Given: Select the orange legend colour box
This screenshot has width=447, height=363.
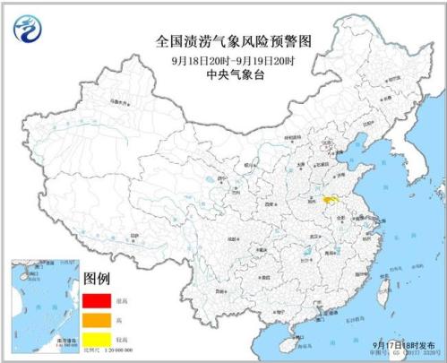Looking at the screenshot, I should click(x=98, y=317).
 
